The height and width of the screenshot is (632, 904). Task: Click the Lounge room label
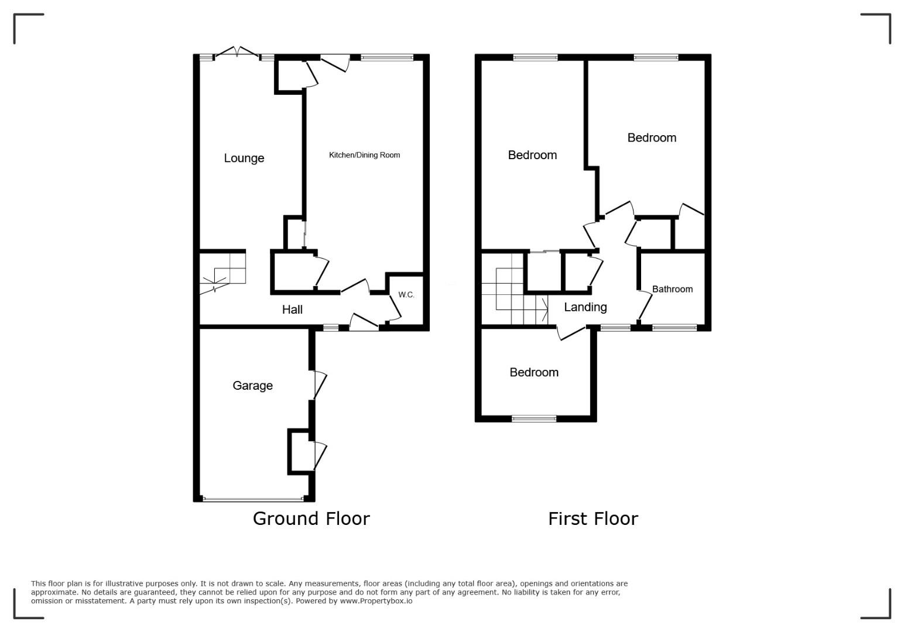pyautogui.click(x=244, y=158)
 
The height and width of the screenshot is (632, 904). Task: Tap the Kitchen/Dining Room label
pyautogui.click(x=364, y=155)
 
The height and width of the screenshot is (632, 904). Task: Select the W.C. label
pyautogui.click(x=406, y=295)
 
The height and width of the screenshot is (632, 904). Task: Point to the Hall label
pyautogui.click(x=292, y=310)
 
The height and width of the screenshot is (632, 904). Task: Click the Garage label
pyautogui.click(x=252, y=386)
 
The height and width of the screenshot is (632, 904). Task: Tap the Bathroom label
pyautogui.click(x=672, y=289)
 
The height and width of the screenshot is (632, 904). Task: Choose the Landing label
pyautogui.click(x=585, y=307)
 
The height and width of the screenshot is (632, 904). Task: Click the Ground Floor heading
pyautogui.click(x=311, y=518)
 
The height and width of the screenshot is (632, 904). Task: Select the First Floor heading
pyautogui.click(x=593, y=518)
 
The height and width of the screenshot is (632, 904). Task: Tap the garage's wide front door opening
pyautogui.click(x=253, y=499)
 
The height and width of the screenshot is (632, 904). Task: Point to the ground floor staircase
pyautogui.click(x=222, y=272)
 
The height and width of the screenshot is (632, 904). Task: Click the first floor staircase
pyautogui.click(x=515, y=288)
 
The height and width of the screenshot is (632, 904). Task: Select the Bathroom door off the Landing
pyautogui.click(x=645, y=306)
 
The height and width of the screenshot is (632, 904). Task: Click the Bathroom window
pyautogui.click(x=674, y=328)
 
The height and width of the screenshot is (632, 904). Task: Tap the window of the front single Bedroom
pyautogui.click(x=534, y=418)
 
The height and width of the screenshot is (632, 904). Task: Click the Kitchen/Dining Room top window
pyautogui.click(x=386, y=57)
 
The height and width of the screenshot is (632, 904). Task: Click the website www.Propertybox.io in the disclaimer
pyautogui.click(x=376, y=601)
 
